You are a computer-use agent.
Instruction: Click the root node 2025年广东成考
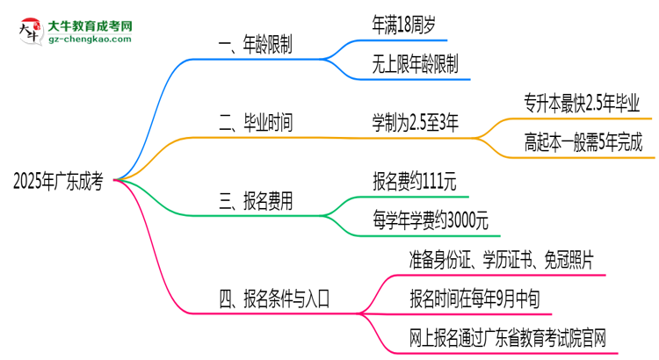(x=59, y=183)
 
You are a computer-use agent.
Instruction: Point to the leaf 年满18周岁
(x=403, y=25)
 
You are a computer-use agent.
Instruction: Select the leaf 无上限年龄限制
(x=415, y=64)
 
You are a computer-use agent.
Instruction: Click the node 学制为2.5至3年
(x=416, y=124)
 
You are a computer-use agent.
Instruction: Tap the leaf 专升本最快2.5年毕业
(x=581, y=104)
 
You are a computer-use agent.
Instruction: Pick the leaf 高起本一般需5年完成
(x=581, y=142)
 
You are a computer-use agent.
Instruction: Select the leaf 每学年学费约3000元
(x=431, y=220)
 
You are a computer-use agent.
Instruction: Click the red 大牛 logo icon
(x=27, y=31)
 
